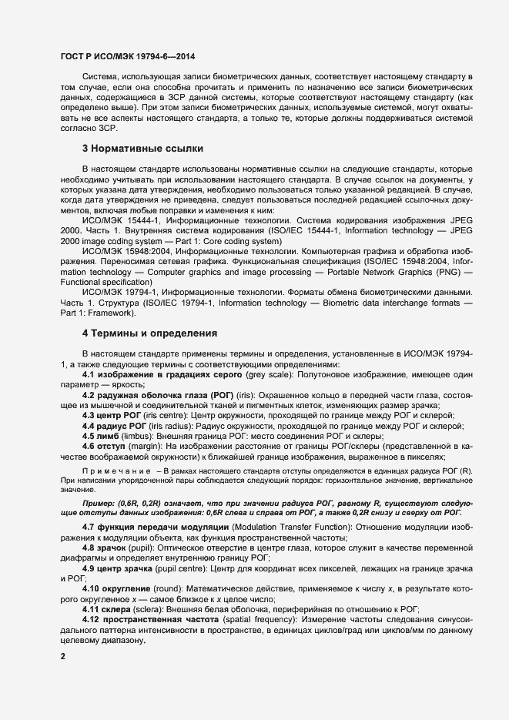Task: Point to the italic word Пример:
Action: point(99,502)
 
